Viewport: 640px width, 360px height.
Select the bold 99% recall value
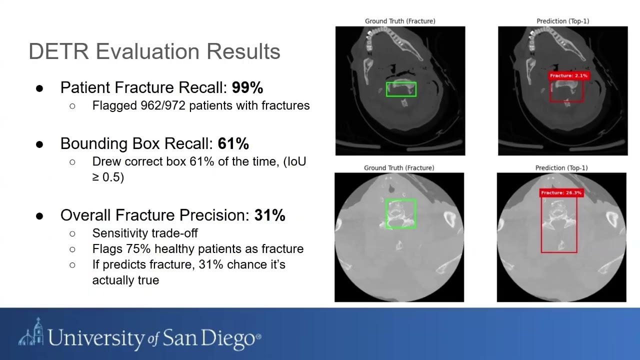(x=247, y=88)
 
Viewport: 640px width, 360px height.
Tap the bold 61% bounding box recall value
(x=233, y=144)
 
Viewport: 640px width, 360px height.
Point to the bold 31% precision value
(x=270, y=215)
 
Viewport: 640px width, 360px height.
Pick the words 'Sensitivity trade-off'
(x=145, y=233)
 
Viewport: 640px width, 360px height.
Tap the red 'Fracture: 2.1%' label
(x=568, y=76)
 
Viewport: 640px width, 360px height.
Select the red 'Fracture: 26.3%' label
(x=561, y=193)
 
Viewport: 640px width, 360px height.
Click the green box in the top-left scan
(x=401, y=89)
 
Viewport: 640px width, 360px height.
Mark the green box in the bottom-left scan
(x=401, y=214)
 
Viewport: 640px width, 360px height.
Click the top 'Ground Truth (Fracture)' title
(x=400, y=21)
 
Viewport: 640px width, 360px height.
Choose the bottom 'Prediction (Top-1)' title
(x=561, y=168)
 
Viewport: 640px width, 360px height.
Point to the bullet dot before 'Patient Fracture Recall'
(x=40, y=88)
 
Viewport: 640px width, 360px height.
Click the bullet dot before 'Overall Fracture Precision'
(x=40, y=216)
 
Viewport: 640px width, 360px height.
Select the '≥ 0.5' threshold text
(x=108, y=177)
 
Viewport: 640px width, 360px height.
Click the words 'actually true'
(x=125, y=280)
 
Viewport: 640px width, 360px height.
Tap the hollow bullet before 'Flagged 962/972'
(x=72, y=106)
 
